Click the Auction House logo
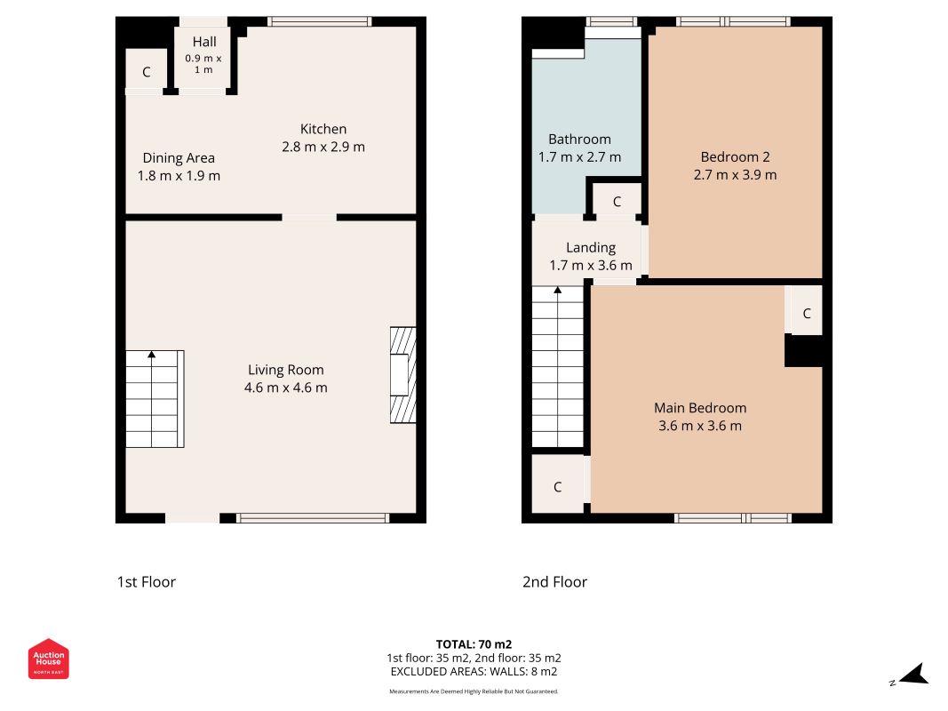coord(48,659)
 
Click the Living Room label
coord(286,370)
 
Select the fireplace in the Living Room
coord(403,375)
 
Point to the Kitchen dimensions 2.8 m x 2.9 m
coord(323,147)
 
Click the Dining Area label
coord(179,158)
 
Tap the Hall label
coord(204,42)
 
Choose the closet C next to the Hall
coord(146,72)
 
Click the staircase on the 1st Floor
coord(155,399)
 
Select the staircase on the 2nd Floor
coord(557,367)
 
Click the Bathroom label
coord(580,140)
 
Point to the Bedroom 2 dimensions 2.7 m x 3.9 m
coord(735,175)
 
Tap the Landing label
coord(591,248)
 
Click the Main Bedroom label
coord(700,408)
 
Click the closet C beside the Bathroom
coord(616,202)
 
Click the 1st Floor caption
coord(147,582)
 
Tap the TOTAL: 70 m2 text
coord(474,644)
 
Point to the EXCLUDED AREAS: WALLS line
coord(474,672)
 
